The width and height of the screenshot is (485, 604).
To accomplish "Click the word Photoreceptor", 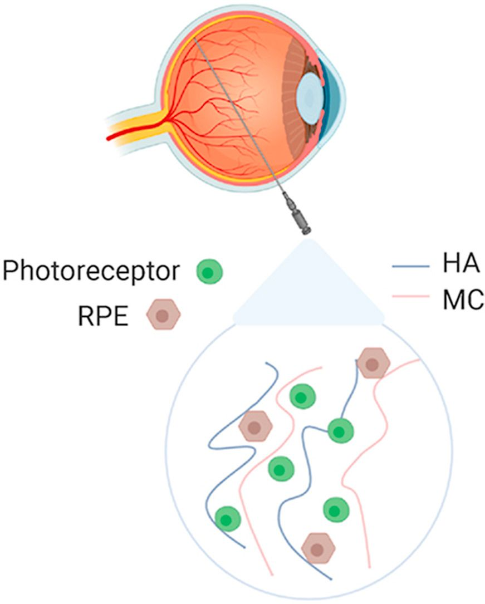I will pyautogui.click(x=91, y=272).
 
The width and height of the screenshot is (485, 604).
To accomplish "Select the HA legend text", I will pyautogui.click(x=460, y=265).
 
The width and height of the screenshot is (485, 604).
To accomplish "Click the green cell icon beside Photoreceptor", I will pyautogui.click(x=209, y=272).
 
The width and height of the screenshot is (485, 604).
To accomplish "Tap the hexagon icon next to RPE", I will pyautogui.click(x=163, y=315).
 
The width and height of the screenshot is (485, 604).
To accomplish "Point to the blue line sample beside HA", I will pyautogui.click(x=410, y=266).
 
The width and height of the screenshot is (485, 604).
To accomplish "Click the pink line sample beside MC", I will pyautogui.click(x=410, y=298).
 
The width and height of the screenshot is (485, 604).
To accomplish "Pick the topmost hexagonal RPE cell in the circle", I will pyautogui.click(x=373, y=363).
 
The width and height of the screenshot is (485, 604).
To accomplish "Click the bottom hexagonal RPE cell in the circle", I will pyautogui.click(x=318, y=548).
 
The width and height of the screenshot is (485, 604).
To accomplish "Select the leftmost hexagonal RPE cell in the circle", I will pyautogui.click(x=256, y=428).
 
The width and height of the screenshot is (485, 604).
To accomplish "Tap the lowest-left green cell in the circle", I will pyautogui.click(x=227, y=519).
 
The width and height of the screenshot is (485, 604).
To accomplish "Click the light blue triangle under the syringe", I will pyautogui.click(x=308, y=289).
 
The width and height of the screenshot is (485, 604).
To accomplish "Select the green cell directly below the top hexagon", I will pyautogui.click(x=340, y=430).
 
